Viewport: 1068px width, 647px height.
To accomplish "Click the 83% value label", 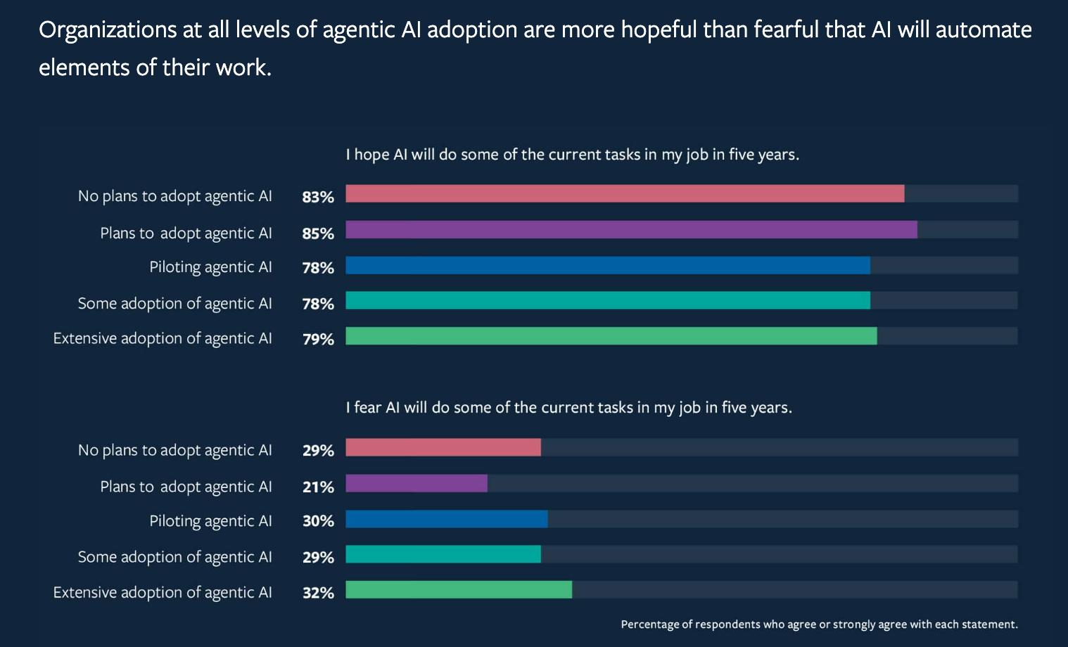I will point(318,197).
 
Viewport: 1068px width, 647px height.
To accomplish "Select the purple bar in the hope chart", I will point(631,230).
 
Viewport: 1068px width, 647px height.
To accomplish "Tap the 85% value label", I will point(318,233).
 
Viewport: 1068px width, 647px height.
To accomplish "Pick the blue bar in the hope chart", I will point(608,265).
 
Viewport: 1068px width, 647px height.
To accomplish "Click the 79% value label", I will point(318,339).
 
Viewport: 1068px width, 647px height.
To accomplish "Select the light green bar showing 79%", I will point(611,336).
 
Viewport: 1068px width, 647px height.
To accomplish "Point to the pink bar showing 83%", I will point(625,193).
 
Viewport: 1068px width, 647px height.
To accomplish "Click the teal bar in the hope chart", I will point(608,300).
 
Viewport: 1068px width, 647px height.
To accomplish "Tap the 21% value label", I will point(318,487).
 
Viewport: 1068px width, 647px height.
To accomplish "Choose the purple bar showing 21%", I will point(417,483).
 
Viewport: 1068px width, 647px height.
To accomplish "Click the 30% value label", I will point(318,521).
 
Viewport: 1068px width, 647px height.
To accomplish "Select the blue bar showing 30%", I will point(447,519).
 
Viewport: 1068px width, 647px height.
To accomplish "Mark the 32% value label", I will point(318,593).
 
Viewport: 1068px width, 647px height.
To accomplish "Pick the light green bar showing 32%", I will point(459,589).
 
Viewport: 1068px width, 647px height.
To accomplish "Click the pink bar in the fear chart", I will point(443,447).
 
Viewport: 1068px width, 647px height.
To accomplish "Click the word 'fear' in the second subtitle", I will point(368,408).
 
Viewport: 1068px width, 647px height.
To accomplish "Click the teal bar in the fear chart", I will point(443,554).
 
